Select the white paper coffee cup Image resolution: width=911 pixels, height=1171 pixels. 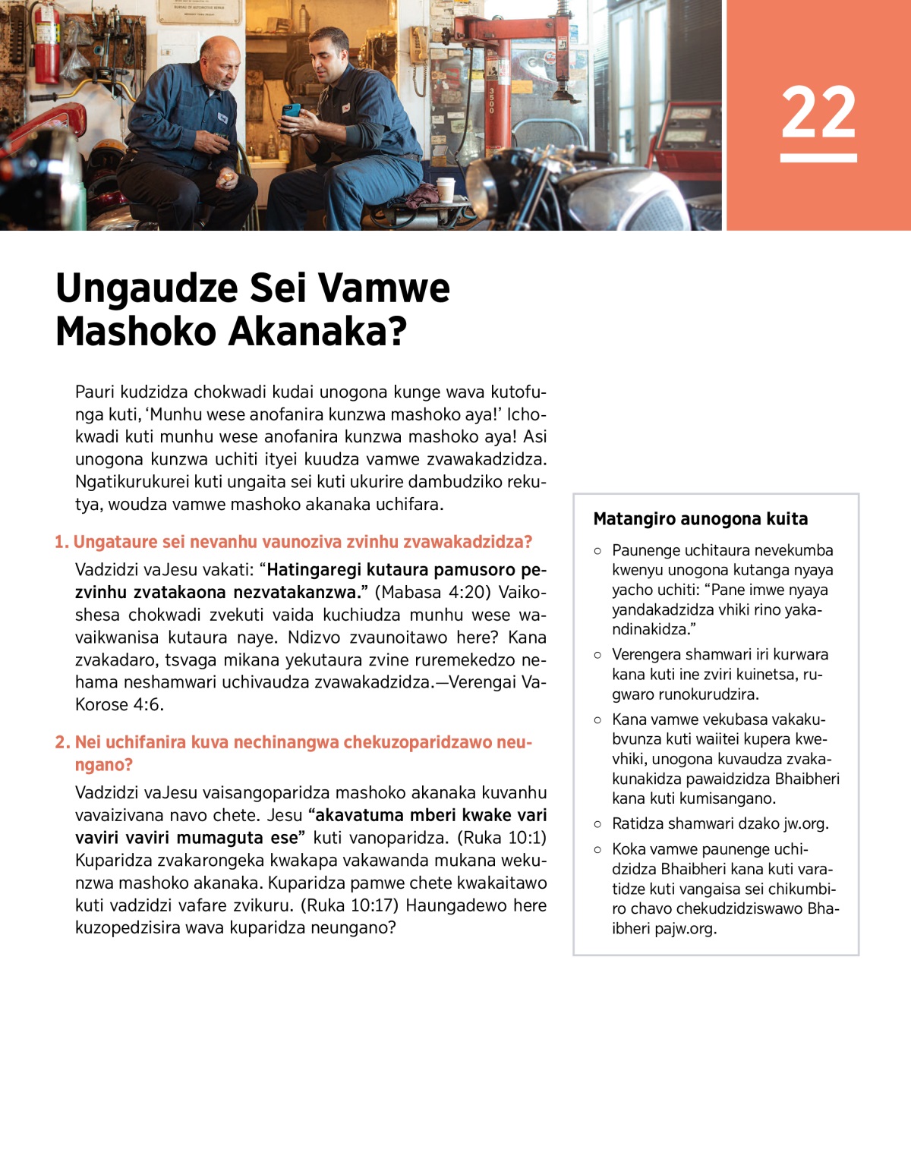[x=446, y=190]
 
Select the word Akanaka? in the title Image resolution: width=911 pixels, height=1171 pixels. [x=318, y=332]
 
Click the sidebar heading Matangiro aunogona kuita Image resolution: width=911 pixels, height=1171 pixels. [x=700, y=519]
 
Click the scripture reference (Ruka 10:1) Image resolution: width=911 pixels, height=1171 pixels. [x=502, y=838]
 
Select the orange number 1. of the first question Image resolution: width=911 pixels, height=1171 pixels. [x=61, y=542]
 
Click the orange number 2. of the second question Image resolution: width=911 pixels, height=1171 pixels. [x=62, y=742]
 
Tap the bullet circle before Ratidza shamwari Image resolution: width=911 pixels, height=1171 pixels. [x=597, y=824]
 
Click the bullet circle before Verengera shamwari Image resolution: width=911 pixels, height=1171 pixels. [x=597, y=655]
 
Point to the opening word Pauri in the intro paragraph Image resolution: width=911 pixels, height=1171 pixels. [x=95, y=392]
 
